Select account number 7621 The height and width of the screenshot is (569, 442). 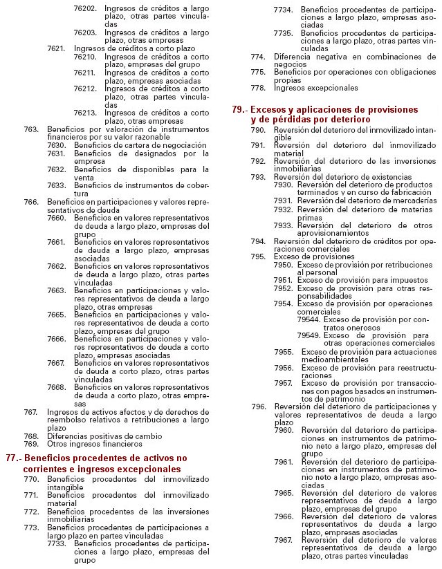pos(56,48)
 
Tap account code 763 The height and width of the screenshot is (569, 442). pos(30,129)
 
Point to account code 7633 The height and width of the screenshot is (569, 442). pos(56,186)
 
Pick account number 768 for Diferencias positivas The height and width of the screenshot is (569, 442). pos(30,436)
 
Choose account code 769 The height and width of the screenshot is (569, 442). pos(30,445)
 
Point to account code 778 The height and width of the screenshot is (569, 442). pos(258,88)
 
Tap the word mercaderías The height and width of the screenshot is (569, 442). pos(409,200)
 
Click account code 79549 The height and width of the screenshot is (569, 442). pos(309,335)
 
